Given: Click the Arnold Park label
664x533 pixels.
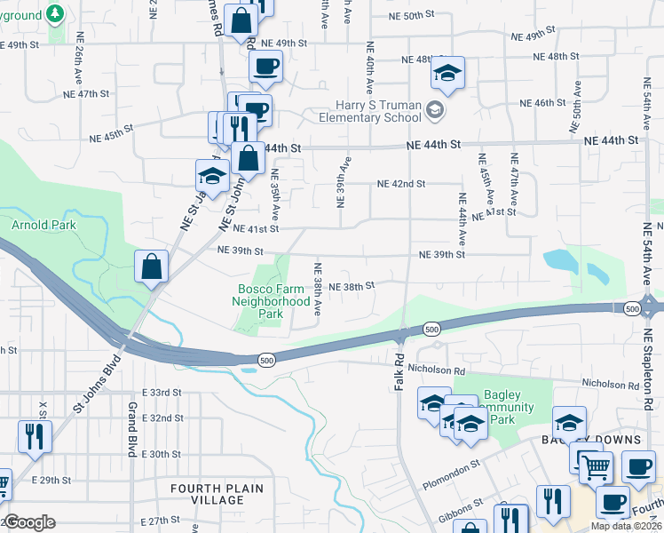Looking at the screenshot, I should [x=43, y=226].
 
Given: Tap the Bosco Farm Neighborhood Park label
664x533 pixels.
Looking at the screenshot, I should [x=269, y=301].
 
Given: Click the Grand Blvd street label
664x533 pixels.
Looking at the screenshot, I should [x=130, y=429].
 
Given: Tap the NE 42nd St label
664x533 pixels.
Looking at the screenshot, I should [x=401, y=184].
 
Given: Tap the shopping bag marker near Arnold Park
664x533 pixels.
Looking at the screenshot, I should [x=151, y=266].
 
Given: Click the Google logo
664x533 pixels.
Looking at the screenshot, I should [x=29, y=522].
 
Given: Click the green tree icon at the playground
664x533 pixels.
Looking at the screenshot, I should [x=55, y=14].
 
